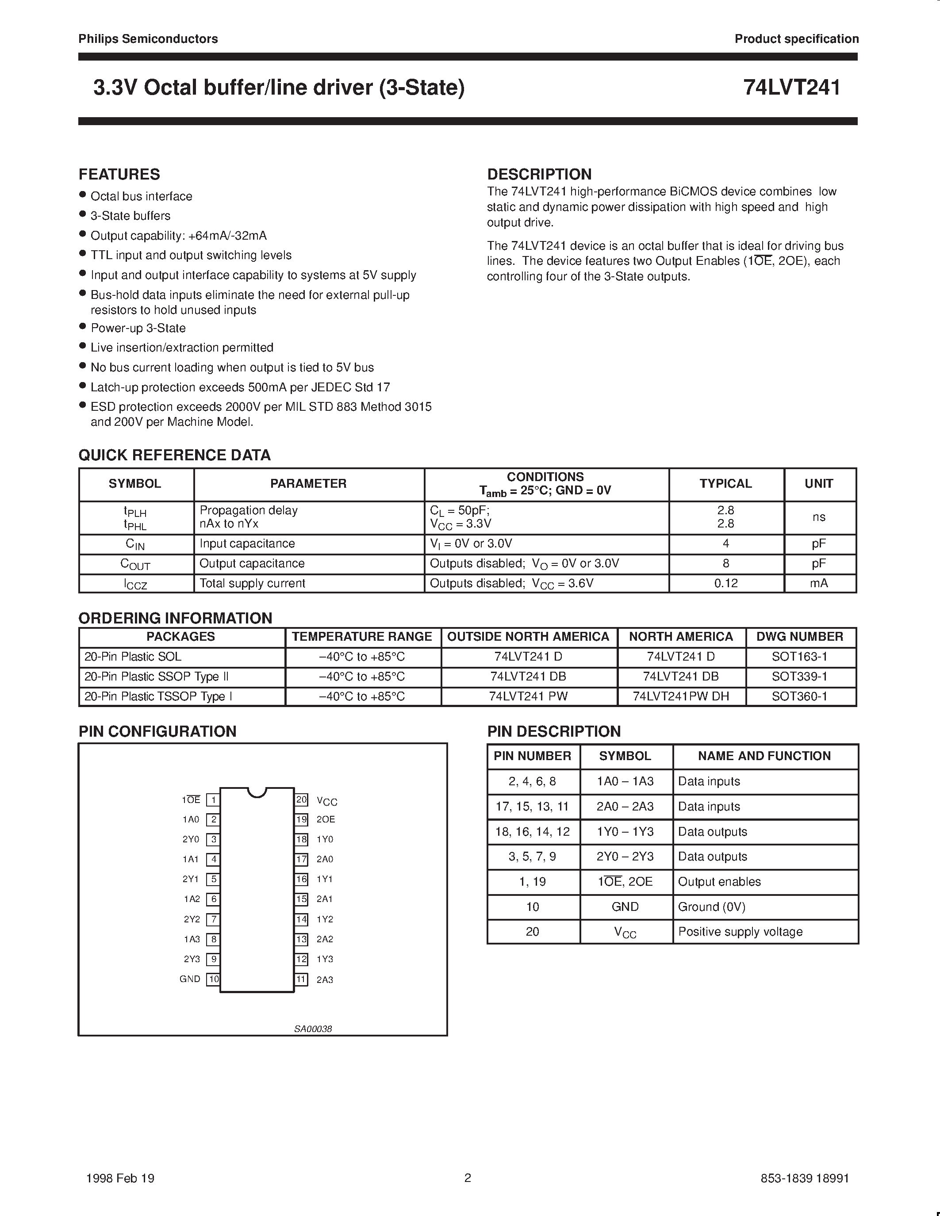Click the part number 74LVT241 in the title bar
791,88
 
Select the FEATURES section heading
119,174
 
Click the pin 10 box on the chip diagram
213,979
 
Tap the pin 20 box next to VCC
301,799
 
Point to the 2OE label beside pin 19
326,819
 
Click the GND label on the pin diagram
189,979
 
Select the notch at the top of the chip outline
257,791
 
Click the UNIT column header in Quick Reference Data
819,483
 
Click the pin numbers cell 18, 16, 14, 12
532,832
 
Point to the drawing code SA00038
313,1029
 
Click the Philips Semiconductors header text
148,38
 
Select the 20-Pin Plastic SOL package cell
133,657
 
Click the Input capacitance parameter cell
247,543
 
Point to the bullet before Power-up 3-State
82,326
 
